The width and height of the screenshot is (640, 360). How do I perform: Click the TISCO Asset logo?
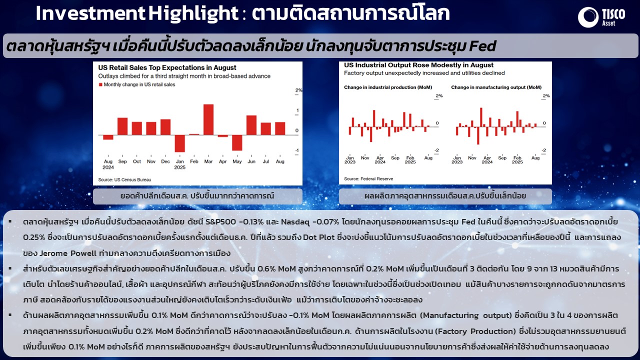click(601, 17)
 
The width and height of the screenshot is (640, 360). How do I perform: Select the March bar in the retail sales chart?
click(208, 119)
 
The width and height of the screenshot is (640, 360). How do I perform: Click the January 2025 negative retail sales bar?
click(179, 143)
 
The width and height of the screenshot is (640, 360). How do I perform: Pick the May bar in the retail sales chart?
click(237, 142)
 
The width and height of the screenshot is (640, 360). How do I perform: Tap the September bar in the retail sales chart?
click(122, 126)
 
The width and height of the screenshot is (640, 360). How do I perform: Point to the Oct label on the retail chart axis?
click(137, 161)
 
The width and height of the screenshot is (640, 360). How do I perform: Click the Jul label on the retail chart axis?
click(265, 161)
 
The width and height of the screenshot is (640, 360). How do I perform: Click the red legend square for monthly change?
click(100, 84)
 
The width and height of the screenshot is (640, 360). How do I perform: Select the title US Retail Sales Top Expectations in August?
click(167, 67)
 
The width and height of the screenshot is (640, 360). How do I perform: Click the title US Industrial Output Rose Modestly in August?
click(418, 65)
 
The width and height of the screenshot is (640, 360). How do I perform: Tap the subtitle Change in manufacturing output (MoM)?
click(496, 87)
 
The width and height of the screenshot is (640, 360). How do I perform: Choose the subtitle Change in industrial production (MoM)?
click(388, 87)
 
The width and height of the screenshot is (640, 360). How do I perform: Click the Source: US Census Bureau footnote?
click(124, 179)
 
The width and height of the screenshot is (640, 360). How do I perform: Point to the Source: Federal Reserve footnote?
click(368, 179)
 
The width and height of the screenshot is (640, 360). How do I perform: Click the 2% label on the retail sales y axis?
click(298, 90)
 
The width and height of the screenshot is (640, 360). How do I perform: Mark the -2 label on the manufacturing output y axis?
click(543, 150)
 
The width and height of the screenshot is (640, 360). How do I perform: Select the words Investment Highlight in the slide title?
click(137, 13)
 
